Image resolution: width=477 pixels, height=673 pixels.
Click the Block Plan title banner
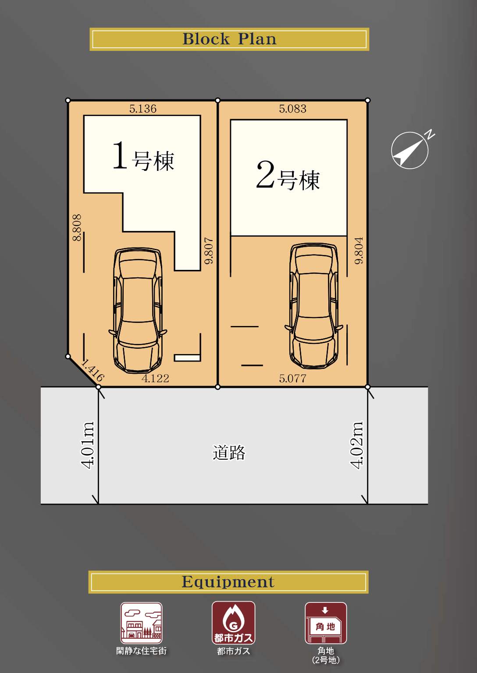[229, 39]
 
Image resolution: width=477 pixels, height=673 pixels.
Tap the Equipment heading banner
[228, 582]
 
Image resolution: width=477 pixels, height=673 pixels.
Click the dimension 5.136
[143, 109]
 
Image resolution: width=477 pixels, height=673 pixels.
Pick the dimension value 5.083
[293, 109]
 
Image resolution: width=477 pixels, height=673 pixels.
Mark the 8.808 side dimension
[77, 227]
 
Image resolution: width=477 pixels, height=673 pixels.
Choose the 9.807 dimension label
[209, 251]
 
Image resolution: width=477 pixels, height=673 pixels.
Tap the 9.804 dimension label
[359, 251]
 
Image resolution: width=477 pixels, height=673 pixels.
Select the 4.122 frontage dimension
[155, 378]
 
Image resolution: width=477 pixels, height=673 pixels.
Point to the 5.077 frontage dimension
[293, 378]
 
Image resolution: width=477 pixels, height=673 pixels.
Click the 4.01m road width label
[88, 445]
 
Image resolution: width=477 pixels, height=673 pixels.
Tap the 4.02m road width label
[357, 445]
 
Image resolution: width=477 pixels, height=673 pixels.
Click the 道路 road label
[229, 453]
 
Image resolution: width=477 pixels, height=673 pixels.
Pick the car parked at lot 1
[138, 310]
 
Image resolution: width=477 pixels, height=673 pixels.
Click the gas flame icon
[234, 623]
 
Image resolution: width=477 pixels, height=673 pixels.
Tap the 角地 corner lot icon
[326, 623]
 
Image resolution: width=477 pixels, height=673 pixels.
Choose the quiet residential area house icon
[141, 623]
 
